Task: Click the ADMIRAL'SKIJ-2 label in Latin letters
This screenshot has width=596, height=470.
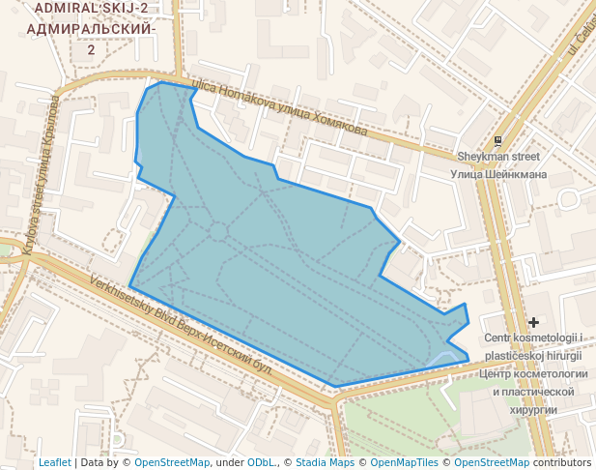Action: tap(91, 9)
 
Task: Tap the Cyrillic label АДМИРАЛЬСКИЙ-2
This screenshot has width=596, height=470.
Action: tap(91, 29)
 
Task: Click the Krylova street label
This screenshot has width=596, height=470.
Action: tap(41, 174)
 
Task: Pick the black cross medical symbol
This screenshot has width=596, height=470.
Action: tap(533, 321)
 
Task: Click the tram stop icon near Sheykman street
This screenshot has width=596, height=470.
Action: tap(498, 141)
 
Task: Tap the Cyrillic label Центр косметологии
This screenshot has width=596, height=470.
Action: tap(533, 373)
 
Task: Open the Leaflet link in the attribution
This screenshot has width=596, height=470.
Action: tap(55, 462)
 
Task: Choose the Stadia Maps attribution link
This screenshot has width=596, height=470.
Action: tap(325, 462)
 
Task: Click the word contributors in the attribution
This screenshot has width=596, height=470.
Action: tap(562, 462)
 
